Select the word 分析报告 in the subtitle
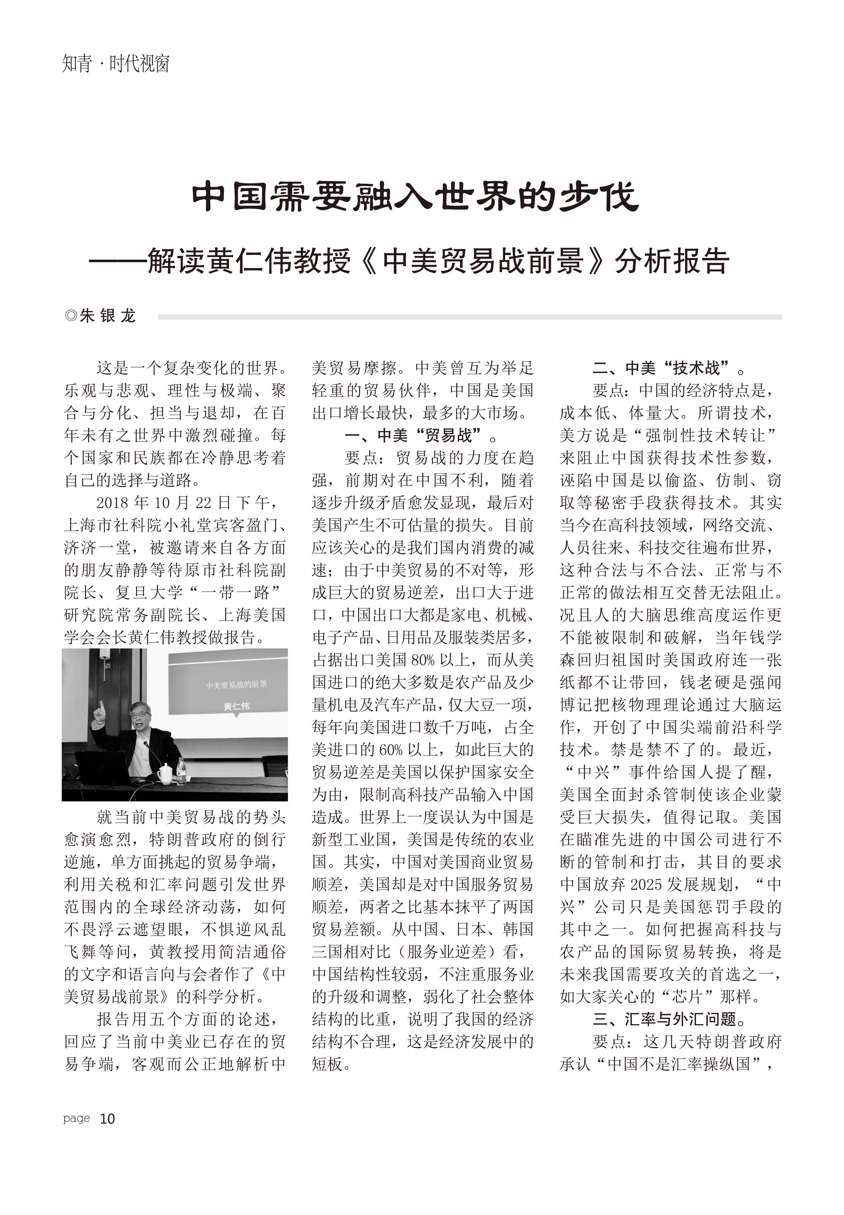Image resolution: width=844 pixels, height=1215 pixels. coord(671,261)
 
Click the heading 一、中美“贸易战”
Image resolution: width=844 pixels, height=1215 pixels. coord(420,435)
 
